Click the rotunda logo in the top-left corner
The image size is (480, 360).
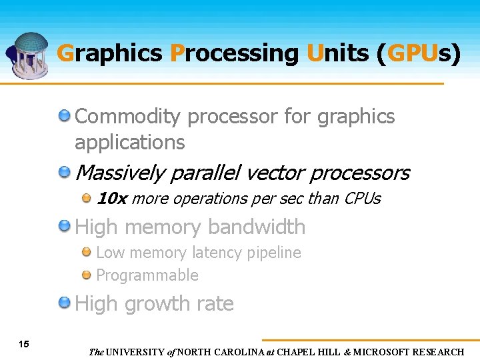(x=29, y=55)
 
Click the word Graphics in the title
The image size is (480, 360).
(x=109, y=53)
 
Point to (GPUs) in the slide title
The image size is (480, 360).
(x=418, y=53)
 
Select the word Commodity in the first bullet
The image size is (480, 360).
(x=127, y=117)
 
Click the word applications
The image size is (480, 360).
(x=129, y=142)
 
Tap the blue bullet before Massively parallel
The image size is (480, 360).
(x=65, y=173)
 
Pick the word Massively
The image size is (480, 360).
(x=120, y=173)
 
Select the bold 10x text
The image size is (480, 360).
(x=112, y=199)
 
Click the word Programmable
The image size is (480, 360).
(x=147, y=275)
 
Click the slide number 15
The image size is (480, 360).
(x=24, y=345)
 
